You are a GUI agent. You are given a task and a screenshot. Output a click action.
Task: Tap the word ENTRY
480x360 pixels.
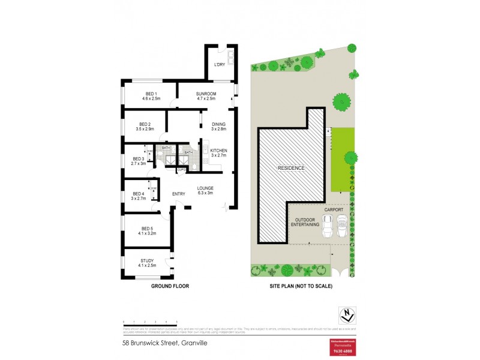(179, 194)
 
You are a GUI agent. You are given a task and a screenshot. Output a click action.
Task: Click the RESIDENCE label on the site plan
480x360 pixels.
(291, 168)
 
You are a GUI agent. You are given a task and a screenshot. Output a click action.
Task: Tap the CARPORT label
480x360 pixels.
(333, 211)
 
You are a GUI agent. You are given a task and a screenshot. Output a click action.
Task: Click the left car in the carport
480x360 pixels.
(328, 226)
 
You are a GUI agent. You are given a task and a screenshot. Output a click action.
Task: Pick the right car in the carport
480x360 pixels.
(341, 226)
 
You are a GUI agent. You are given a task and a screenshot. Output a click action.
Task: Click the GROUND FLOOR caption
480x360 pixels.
(170, 287)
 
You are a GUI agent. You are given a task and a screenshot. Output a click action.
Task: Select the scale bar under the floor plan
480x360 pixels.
(150, 323)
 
